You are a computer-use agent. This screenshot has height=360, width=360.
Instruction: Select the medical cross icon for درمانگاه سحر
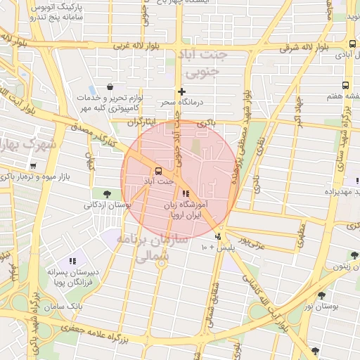pos(182,91)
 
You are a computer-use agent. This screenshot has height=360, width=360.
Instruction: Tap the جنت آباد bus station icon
pos(157,170)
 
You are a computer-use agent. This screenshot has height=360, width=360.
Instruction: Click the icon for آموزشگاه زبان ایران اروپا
pos(186,193)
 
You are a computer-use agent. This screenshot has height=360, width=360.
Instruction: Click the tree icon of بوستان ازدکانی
pos(106,193)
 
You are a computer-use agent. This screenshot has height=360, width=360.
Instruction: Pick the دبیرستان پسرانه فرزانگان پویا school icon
pos(72,261)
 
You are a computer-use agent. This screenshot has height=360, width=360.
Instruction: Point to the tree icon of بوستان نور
pos(322,296)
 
